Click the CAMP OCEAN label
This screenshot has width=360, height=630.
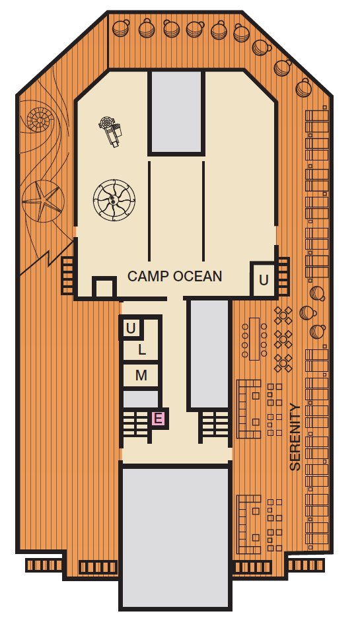[174, 277]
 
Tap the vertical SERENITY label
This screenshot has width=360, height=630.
[295, 437]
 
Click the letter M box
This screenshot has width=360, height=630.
[141, 376]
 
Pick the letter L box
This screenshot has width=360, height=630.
[141, 350]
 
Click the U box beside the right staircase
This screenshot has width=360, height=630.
[263, 279]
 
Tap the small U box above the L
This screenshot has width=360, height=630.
[131, 329]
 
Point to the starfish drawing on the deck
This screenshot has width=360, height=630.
[43, 201]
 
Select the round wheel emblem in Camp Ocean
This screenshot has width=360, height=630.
[114, 199]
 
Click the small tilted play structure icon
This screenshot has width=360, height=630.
[111, 131]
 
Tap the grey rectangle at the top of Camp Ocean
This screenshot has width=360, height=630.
[176, 112]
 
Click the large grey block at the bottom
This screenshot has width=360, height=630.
[176, 537]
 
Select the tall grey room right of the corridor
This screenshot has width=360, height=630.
[209, 354]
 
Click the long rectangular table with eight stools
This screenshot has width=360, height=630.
[254, 339]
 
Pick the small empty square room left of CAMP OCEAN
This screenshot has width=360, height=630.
[104, 287]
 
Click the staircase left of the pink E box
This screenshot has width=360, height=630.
[137, 424]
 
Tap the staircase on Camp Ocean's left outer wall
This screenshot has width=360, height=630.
[68, 275]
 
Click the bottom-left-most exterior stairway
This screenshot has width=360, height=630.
[44, 565]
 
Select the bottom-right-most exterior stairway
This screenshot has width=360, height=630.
[306, 565]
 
